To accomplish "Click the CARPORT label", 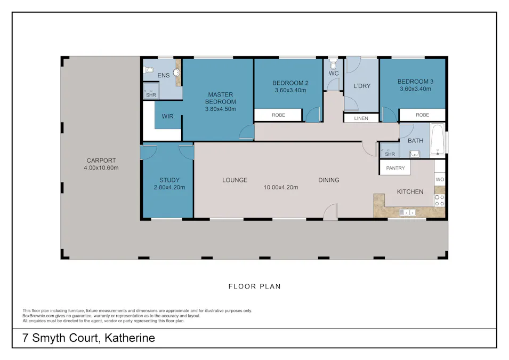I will (x=100, y=161).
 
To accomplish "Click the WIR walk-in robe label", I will (x=167, y=117).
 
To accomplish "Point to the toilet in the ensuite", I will (x=149, y=69).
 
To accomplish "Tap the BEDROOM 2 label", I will (x=290, y=83).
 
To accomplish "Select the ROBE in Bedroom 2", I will (x=278, y=115).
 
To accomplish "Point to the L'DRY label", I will (x=362, y=86).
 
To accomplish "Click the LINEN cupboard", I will (x=361, y=118).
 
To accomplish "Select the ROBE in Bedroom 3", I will (x=422, y=115).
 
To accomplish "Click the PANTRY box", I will (x=395, y=169).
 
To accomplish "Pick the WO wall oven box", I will (x=440, y=180).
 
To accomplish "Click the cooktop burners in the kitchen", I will (x=440, y=200).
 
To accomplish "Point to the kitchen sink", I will (x=408, y=213).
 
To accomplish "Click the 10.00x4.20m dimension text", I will (x=281, y=187).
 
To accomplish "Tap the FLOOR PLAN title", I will (x=254, y=286).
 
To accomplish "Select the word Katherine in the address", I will (x=130, y=338).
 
